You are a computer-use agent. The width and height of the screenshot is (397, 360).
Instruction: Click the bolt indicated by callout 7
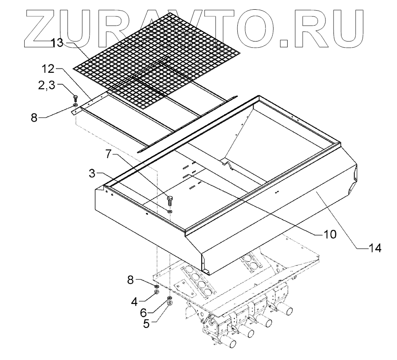point(170,199)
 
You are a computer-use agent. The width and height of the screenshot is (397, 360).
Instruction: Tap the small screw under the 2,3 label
point(75,98)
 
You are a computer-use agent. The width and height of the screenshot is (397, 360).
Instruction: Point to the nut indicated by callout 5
point(170,304)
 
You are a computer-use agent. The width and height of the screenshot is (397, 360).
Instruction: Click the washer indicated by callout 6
point(169,299)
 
